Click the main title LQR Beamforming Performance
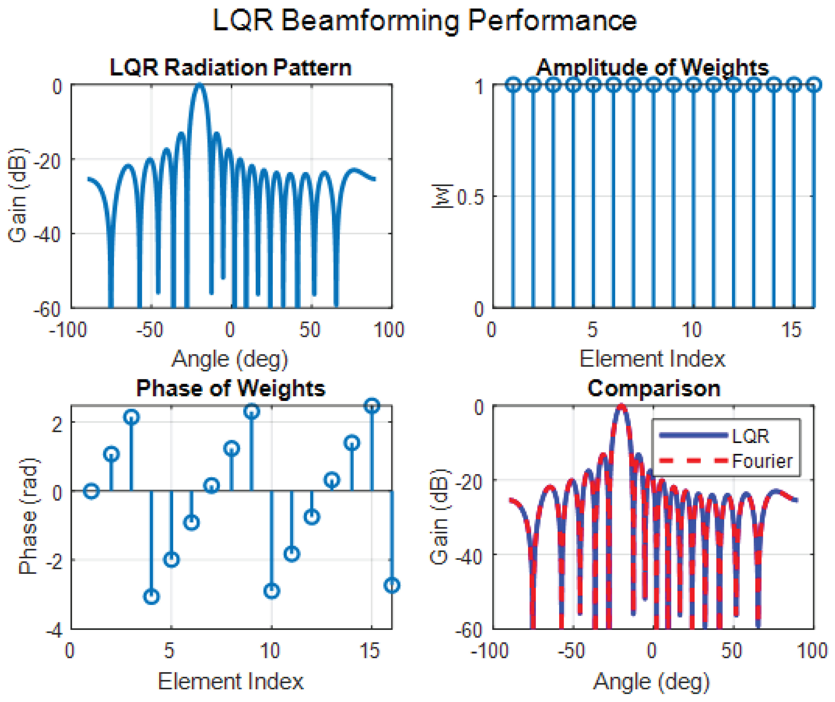coord(424,21)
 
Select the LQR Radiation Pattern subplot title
coord(231,67)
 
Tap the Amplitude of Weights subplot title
coord(653,67)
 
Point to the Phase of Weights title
coord(231,388)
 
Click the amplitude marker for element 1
coord(513,85)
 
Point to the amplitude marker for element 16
coord(814,85)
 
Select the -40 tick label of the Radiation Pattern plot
coord(47,235)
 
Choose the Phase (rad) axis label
coord(29,516)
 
